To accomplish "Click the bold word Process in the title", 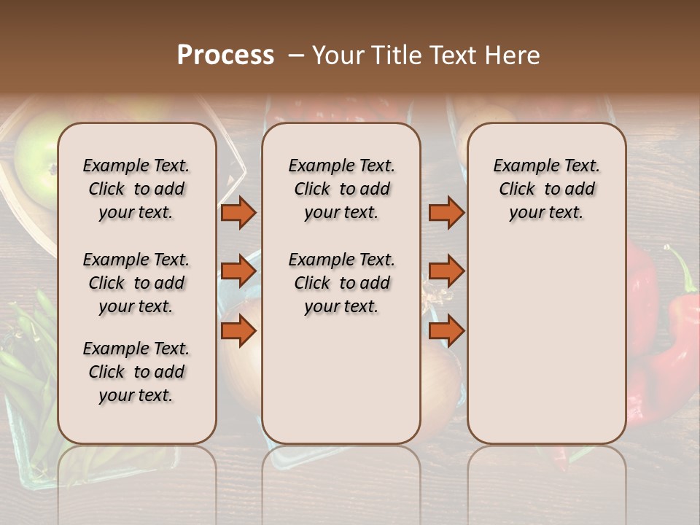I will (x=225, y=55).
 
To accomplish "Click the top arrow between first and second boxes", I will (x=238, y=213).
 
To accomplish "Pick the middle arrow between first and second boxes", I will (x=238, y=272).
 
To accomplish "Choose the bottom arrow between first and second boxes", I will (x=238, y=331).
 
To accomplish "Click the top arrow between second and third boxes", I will (x=446, y=213).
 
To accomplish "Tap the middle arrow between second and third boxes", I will (x=446, y=272).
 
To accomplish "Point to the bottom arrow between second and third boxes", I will (x=446, y=331).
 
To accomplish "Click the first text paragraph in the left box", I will (x=136, y=189).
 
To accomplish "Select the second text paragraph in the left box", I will (x=136, y=283).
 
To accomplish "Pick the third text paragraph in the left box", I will (x=136, y=372).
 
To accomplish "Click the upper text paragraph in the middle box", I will (x=341, y=189).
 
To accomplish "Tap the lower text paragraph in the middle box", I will (x=341, y=283).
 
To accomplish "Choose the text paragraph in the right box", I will (x=546, y=189).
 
